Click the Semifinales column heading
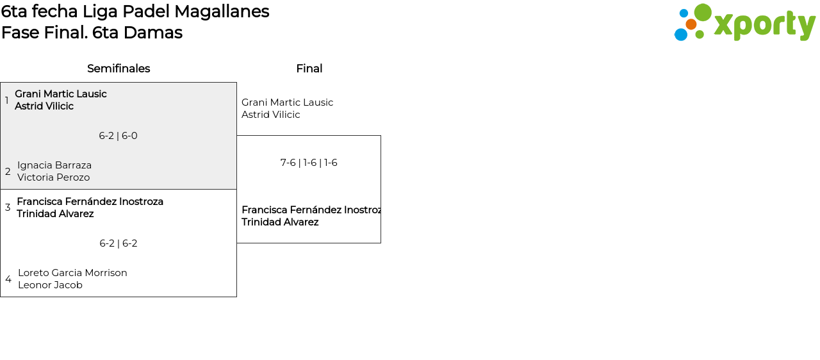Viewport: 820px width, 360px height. [119, 69]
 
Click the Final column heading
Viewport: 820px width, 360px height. [309, 69]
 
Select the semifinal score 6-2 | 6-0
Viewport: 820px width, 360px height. [119, 136]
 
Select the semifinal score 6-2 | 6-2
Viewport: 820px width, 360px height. [119, 243]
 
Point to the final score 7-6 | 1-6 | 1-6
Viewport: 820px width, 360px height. [309, 163]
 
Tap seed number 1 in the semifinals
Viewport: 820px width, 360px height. [6, 100]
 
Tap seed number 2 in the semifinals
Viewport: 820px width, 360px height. [8, 171]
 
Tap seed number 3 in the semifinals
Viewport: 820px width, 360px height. [8, 208]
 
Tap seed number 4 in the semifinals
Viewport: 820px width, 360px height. [8, 279]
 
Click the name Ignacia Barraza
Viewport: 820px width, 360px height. [54, 165]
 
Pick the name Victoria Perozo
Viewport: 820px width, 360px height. [53, 177]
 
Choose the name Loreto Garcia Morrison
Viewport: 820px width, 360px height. [72, 273]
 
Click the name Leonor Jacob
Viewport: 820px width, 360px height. [50, 285]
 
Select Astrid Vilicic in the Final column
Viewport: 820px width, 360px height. [270, 115]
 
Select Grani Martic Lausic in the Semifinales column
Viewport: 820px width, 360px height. [61, 94]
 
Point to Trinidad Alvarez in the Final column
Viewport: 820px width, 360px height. [280, 222]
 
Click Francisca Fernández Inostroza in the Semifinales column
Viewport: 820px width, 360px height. [90, 202]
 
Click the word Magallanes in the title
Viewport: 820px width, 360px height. [222, 12]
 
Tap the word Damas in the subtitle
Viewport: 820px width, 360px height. [153, 33]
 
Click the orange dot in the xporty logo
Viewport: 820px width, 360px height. [691, 24]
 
